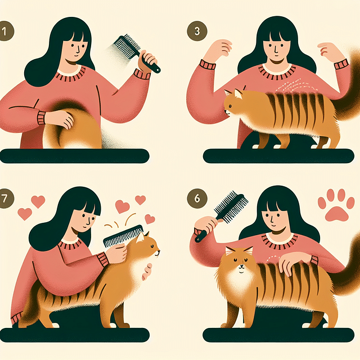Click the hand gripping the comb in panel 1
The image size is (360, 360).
[x=148, y=58]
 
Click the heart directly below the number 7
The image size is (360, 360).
[x=24, y=214]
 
